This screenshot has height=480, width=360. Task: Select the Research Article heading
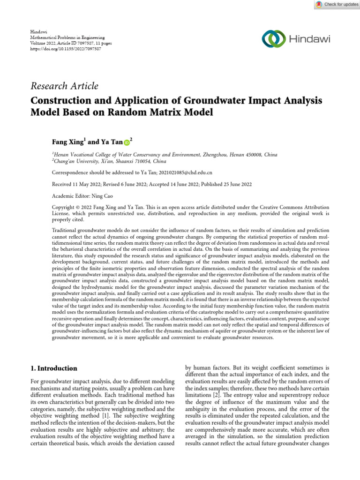coord(64,86)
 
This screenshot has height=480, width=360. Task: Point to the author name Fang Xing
coord(68,141)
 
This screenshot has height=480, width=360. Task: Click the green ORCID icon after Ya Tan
coord(126,142)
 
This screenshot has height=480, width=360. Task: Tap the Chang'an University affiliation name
coord(75,161)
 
